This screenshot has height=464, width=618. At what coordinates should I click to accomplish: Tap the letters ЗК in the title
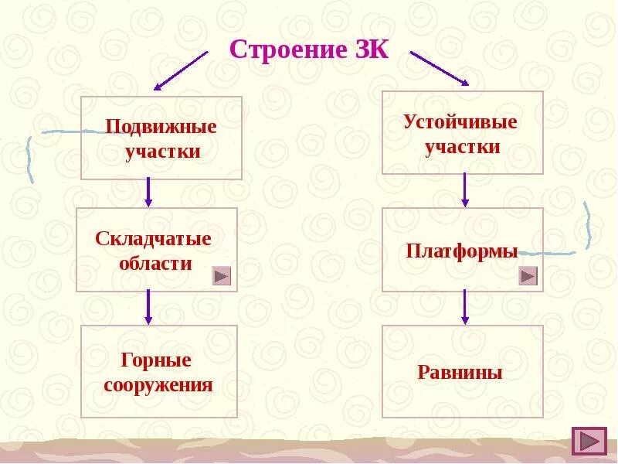click(x=370, y=50)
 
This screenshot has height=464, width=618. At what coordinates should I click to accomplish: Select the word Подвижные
click(x=161, y=126)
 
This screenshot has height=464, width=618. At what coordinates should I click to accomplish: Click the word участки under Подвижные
click(x=162, y=151)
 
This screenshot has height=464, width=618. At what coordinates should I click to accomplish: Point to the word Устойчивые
click(x=460, y=121)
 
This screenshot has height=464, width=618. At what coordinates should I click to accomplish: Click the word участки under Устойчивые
click(x=462, y=146)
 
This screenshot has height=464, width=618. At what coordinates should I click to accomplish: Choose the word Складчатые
click(x=153, y=238)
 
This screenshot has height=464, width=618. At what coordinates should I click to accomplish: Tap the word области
click(x=155, y=263)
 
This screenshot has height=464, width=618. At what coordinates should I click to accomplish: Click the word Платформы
click(x=462, y=251)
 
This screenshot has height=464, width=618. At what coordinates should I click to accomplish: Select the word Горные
click(x=156, y=360)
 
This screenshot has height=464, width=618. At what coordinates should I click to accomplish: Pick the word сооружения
click(x=158, y=384)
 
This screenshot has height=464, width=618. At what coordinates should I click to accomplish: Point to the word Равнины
click(x=460, y=373)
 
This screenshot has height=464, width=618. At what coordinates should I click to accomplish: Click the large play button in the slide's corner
click(x=589, y=441)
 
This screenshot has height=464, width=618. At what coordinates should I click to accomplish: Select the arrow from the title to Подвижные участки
click(x=181, y=71)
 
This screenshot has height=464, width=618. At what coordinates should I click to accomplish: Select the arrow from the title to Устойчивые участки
click(x=439, y=68)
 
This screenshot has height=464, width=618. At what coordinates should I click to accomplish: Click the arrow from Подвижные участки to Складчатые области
click(x=148, y=193)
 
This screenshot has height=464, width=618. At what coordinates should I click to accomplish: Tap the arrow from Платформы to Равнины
click(x=464, y=306)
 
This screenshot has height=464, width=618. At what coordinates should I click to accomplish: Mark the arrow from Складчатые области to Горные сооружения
click(x=148, y=307)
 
